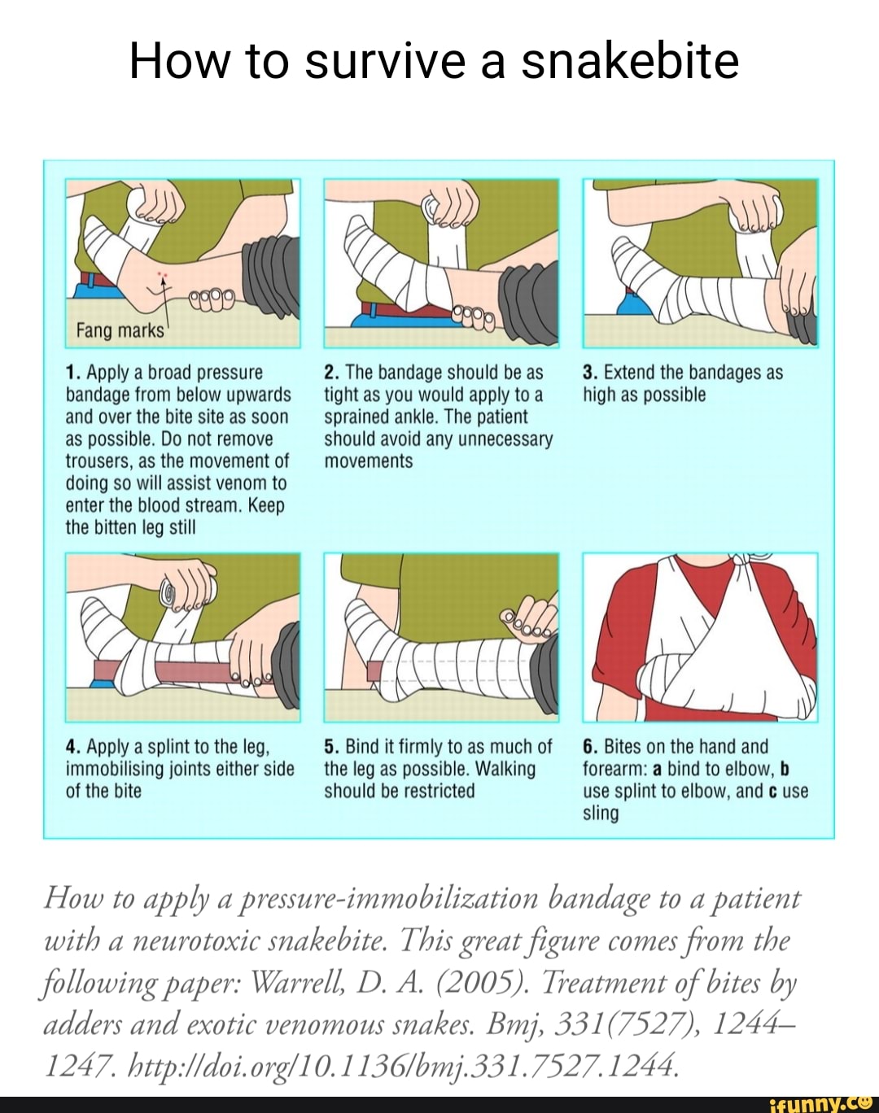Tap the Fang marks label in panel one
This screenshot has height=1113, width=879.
click(x=119, y=331)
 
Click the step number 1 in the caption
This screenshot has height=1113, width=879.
click(x=72, y=373)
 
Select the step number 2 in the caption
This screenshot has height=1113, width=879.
click(x=330, y=373)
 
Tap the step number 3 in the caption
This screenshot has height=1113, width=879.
click(x=589, y=373)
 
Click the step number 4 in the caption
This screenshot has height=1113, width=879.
click(x=72, y=748)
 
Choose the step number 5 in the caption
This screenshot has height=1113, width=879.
click(x=330, y=748)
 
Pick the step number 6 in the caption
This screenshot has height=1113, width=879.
click(x=589, y=748)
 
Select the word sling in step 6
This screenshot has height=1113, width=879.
click(x=601, y=814)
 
